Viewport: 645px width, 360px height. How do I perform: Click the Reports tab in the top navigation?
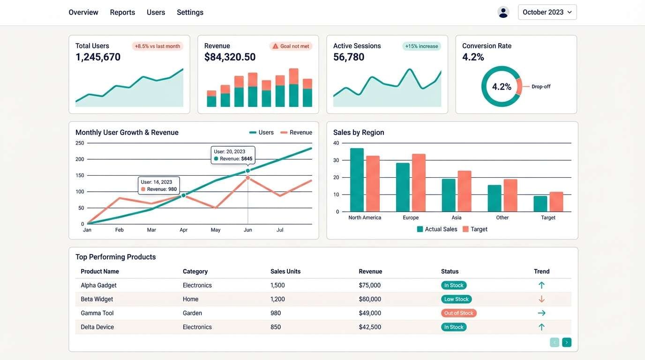point(122,12)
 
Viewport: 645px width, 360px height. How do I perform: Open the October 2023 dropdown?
point(547,12)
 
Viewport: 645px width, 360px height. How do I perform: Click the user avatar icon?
point(503,12)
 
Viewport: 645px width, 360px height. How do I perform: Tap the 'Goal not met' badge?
point(291,46)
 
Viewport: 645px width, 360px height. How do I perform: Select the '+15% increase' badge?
point(421,46)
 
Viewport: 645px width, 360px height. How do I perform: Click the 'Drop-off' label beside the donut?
point(540,87)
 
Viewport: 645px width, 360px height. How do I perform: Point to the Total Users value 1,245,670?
point(98,57)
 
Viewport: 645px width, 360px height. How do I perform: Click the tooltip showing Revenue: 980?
point(159,186)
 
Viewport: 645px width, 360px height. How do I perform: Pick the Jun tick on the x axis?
point(247,230)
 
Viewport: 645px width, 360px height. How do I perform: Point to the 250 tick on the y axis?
point(80,143)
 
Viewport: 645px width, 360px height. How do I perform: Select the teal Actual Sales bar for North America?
point(357,180)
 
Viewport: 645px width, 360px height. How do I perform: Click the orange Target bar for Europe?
point(419,183)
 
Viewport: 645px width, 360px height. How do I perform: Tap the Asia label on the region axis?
point(456,217)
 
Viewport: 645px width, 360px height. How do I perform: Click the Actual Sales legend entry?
point(437,229)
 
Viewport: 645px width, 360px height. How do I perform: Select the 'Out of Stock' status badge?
point(458,313)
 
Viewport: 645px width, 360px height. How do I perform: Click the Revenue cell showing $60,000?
point(369,299)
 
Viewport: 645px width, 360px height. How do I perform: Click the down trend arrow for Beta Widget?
point(541,299)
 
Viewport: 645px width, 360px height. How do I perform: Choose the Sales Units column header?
point(285,271)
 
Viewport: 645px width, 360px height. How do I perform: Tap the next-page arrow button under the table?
point(566,343)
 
